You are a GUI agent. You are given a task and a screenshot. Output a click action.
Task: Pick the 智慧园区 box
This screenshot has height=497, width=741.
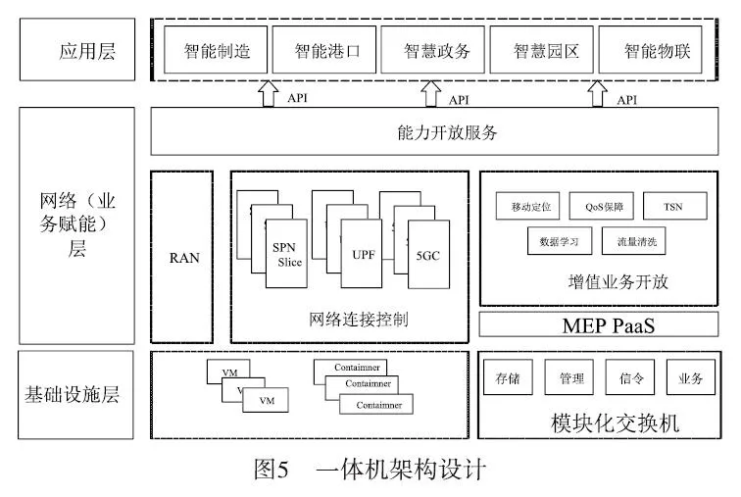(x=539, y=52)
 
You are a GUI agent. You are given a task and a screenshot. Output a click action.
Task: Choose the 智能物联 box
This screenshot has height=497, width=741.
(x=649, y=52)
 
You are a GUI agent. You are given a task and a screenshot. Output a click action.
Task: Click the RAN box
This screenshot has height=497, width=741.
(x=182, y=257)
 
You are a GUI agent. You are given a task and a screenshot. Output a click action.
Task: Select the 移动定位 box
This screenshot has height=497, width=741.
(x=525, y=208)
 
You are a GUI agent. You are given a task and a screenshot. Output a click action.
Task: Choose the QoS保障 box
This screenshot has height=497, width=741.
(x=602, y=208)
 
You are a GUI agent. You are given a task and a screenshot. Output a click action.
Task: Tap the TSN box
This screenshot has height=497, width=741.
(x=671, y=208)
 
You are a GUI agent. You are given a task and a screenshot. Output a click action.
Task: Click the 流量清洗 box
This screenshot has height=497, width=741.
(x=637, y=238)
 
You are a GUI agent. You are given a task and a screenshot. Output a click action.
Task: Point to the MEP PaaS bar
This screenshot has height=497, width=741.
(x=598, y=323)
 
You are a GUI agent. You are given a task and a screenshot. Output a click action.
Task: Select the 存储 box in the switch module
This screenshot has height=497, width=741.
(x=508, y=378)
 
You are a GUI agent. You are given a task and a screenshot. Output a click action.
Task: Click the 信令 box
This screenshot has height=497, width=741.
(x=630, y=378)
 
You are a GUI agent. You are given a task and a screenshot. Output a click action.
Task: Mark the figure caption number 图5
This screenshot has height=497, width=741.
(x=270, y=470)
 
